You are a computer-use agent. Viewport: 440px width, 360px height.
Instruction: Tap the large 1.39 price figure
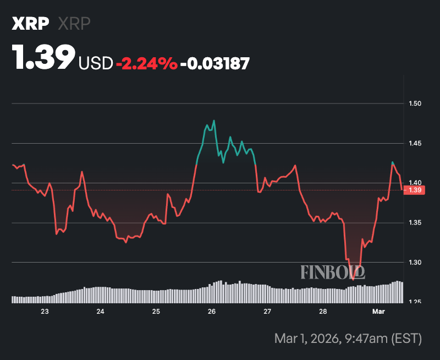click(44, 57)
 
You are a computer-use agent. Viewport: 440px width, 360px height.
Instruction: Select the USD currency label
click(96, 63)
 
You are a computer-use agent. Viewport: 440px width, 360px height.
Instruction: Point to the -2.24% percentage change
click(147, 63)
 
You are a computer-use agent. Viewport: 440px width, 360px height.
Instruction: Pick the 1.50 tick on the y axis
click(415, 103)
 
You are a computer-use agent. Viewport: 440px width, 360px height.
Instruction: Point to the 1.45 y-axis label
click(415, 143)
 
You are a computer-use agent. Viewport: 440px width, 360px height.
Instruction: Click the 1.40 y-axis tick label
click(415, 183)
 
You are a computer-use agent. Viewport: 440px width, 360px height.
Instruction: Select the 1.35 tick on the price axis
click(415, 222)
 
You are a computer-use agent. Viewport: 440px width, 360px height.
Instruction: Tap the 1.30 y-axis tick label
click(415, 262)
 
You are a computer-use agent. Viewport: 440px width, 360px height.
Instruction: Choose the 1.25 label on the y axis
click(415, 302)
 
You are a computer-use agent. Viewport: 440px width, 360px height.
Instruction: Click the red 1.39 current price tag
click(414, 190)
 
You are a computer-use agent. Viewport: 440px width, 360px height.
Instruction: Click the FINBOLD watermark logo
click(333, 271)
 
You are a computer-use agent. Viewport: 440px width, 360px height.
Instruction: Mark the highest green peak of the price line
click(213, 121)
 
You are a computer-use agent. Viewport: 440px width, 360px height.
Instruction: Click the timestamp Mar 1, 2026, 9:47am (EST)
click(348, 337)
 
